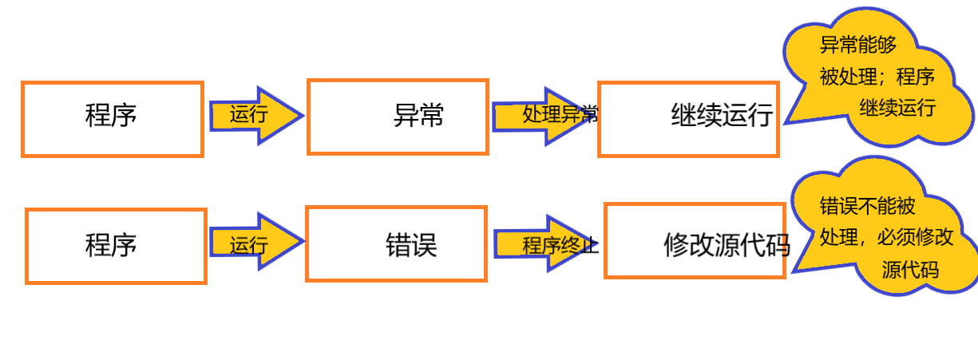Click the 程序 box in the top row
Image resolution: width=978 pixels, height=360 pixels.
[112, 118]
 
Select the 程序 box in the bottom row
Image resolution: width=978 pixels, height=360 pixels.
[116, 246]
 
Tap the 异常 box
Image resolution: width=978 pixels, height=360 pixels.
[398, 117]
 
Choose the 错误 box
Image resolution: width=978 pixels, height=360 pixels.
[396, 243]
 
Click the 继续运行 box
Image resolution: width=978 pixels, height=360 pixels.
[687, 119]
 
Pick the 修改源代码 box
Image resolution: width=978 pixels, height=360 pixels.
[695, 240]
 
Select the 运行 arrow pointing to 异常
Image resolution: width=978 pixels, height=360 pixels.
[255, 115]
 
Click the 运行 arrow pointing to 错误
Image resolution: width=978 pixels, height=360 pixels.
[255, 242]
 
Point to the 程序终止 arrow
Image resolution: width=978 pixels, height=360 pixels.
[546, 243]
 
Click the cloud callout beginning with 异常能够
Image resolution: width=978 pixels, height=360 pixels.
[878, 80]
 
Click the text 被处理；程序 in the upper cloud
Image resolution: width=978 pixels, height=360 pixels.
[877, 77]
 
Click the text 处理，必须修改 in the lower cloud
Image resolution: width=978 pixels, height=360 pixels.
[886, 237]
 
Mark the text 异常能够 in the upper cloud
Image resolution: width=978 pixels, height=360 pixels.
[853, 45]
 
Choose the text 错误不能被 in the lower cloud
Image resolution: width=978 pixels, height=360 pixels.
[867, 206]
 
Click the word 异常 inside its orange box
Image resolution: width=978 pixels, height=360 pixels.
[418, 117]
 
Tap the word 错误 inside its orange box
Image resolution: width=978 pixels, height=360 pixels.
[411, 244]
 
